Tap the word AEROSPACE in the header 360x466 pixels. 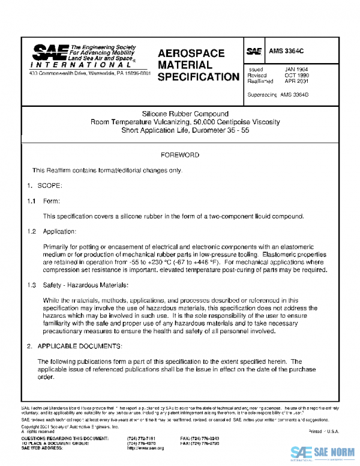[191, 53]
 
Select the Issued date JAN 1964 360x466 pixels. [296, 70]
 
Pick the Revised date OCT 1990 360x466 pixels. [296, 76]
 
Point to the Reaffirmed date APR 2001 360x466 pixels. [296, 82]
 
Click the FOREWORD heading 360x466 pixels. [181, 155]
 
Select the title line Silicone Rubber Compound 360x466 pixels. [185, 114]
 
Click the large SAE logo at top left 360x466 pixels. [49, 53]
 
